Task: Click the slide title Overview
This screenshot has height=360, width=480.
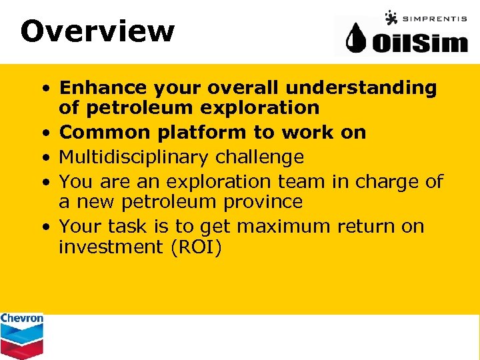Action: (97, 31)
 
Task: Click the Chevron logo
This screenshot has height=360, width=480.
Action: (21, 335)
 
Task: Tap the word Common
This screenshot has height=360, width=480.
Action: (105, 132)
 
